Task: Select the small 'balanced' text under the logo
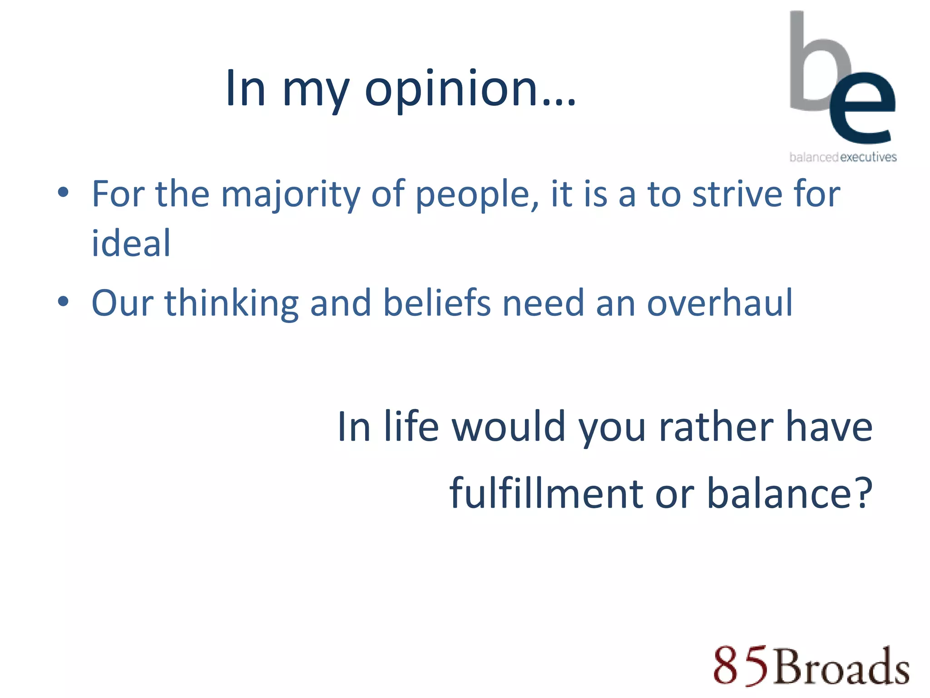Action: (814, 157)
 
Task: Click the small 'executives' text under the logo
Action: (868, 157)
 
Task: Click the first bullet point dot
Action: (63, 192)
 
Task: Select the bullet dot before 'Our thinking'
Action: (63, 301)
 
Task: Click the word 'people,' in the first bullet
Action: (477, 195)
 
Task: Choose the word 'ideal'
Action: (131, 244)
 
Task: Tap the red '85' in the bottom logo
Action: (740, 666)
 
